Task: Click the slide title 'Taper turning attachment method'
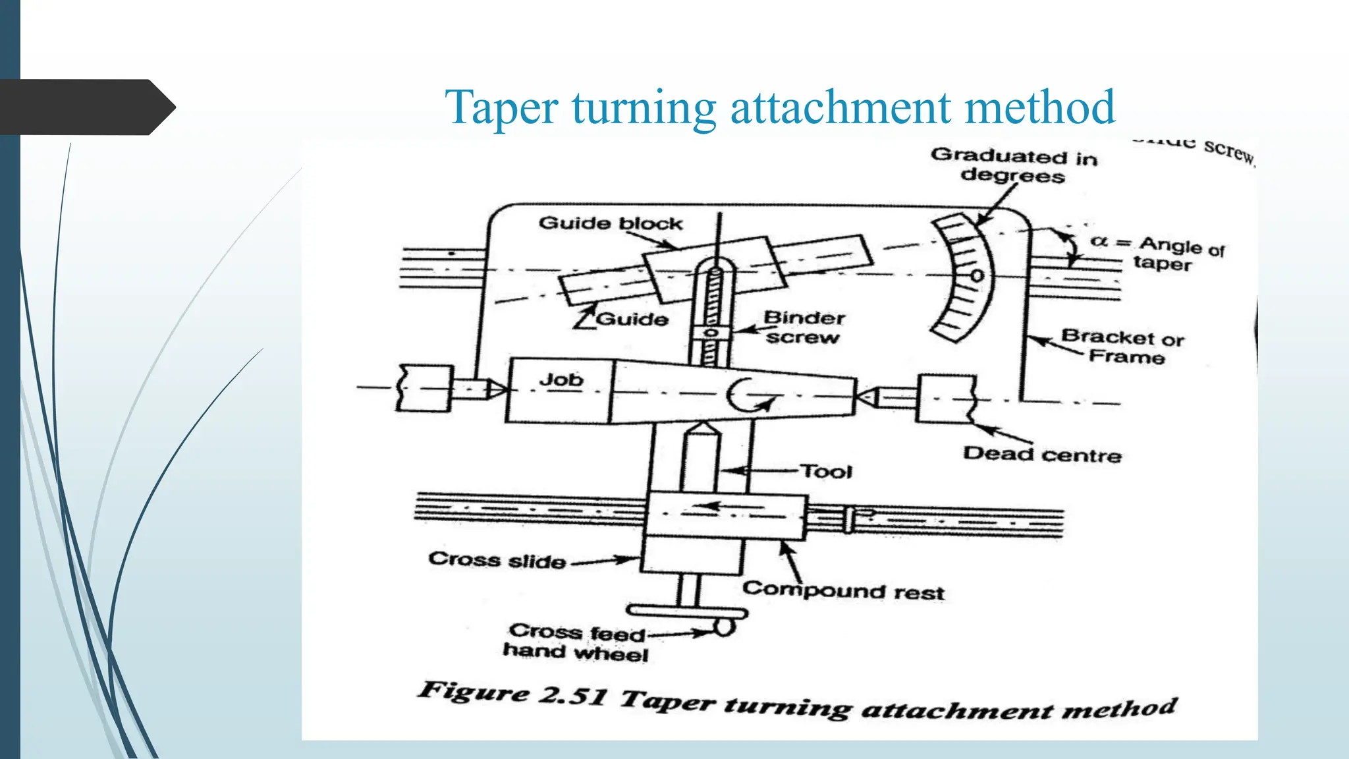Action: tap(780, 107)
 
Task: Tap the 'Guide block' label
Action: tap(610, 223)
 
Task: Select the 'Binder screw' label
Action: tap(803, 327)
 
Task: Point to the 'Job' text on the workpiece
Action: tap(561, 380)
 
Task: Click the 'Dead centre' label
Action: tap(1041, 455)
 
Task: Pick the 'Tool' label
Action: tap(826, 472)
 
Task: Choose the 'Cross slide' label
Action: tap(497, 561)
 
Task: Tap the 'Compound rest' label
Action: tap(843, 590)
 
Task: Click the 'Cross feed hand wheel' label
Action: tap(576, 642)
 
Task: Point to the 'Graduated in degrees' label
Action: tap(1013, 166)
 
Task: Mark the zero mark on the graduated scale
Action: tap(977, 275)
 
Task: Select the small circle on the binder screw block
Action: tap(710, 333)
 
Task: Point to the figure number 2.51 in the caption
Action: tap(571, 695)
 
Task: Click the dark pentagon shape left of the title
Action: tap(86, 107)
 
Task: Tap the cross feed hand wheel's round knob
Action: tap(724, 627)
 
